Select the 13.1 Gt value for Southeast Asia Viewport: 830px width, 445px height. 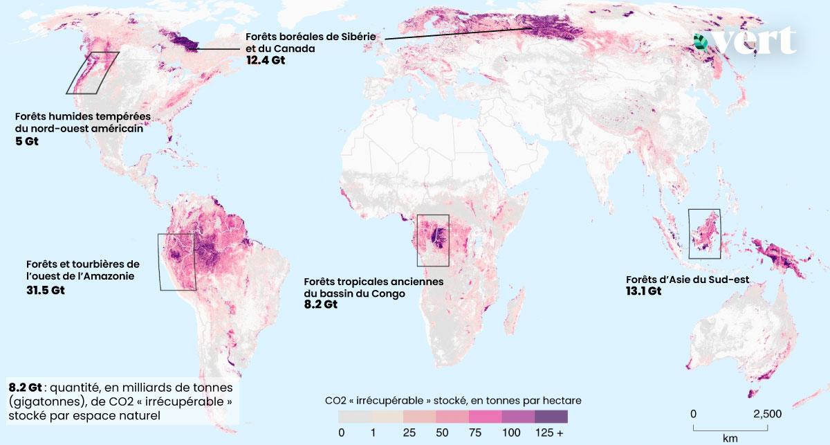pyautogui.click(x=643, y=291)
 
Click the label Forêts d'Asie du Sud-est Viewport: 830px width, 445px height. pyautogui.click(x=688, y=280)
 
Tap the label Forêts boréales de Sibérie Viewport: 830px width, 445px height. pyautogui.click(x=312, y=37)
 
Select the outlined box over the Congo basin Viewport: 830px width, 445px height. pyautogui.click(x=433, y=240)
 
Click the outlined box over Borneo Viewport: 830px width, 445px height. pyautogui.click(x=704, y=233)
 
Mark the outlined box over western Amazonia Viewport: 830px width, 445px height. pyautogui.click(x=177, y=262)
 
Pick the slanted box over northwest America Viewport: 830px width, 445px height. pyautogui.click(x=93, y=73)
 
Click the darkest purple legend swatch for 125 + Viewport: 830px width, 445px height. pyautogui.click(x=551, y=417)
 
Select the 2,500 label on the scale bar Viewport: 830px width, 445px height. pyautogui.click(x=767, y=413)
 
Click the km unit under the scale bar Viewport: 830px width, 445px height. pyautogui.click(x=730, y=438)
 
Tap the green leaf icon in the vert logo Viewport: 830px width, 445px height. pyautogui.click(x=701, y=42)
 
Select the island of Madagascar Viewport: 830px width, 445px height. pyautogui.click(x=513, y=316)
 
